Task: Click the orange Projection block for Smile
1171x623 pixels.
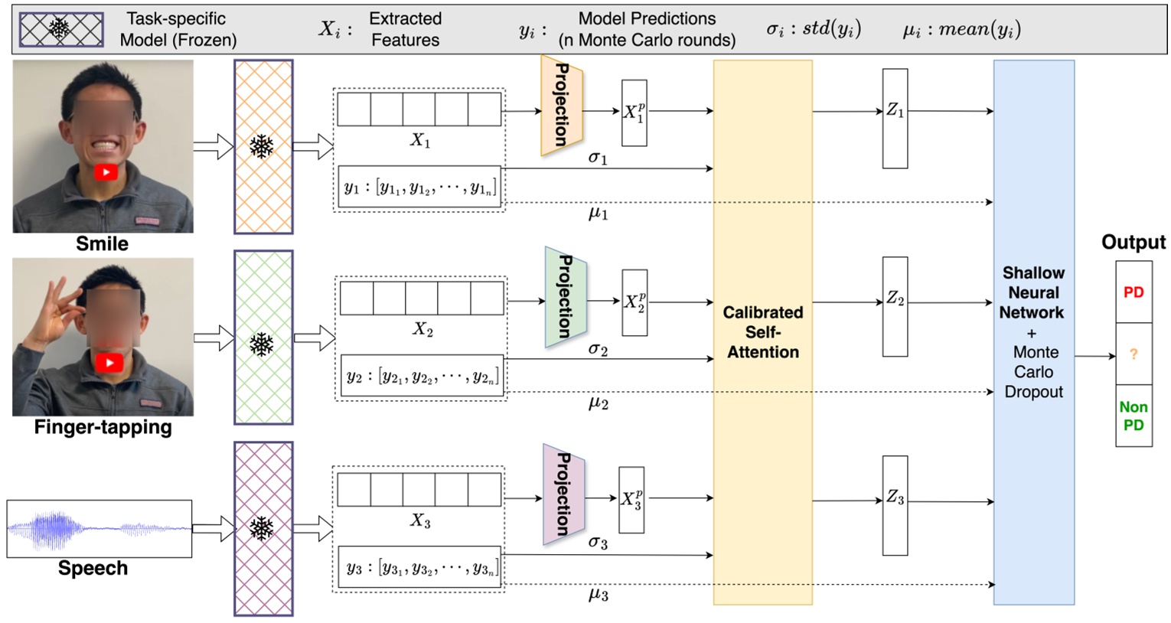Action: (x=561, y=105)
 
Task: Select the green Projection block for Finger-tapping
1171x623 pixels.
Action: (x=565, y=297)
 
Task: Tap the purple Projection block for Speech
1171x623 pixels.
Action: (x=563, y=494)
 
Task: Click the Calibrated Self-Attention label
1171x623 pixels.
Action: (x=762, y=332)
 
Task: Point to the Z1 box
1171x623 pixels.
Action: (x=895, y=119)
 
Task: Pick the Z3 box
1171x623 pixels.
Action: (x=895, y=505)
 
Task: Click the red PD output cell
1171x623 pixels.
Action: (x=1133, y=292)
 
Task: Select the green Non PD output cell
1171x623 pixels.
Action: (x=1133, y=416)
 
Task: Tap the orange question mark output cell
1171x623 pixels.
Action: (x=1133, y=354)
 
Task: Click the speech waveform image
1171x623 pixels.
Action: (x=99, y=528)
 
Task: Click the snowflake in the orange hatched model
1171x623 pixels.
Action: (x=262, y=146)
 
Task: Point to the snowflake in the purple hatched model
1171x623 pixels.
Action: (x=262, y=528)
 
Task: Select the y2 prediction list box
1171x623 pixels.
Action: (x=422, y=376)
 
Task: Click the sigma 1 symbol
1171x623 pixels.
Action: (x=598, y=158)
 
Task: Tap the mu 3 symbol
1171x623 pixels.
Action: (x=598, y=595)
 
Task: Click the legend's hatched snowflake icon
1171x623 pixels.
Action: (x=61, y=30)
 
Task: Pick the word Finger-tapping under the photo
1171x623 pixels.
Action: (x=103, y=427)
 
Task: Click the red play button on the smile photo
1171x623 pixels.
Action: (x=106, y=172)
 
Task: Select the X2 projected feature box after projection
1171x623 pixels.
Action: (x=634, y=302)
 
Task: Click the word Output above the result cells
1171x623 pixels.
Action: (x=1133, y=243)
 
